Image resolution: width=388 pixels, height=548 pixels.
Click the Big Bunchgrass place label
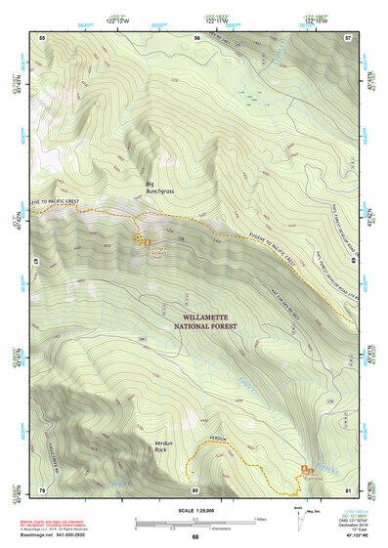tap(155, 188)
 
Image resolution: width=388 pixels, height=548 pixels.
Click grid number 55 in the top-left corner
tap(42, 36)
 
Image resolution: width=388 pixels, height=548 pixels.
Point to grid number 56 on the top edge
tap(196, 36)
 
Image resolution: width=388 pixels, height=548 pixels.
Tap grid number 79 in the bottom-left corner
tap(42, 488)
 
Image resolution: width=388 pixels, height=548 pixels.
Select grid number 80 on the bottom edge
tap(195, 488)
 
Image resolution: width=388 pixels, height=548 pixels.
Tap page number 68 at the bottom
tap(195, 538)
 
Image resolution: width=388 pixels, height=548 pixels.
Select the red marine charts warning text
tap(49, 524)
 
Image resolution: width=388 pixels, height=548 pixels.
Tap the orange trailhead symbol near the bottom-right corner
tap(308, 468)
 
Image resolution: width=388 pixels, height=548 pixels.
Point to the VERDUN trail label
tap(217, 438)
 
